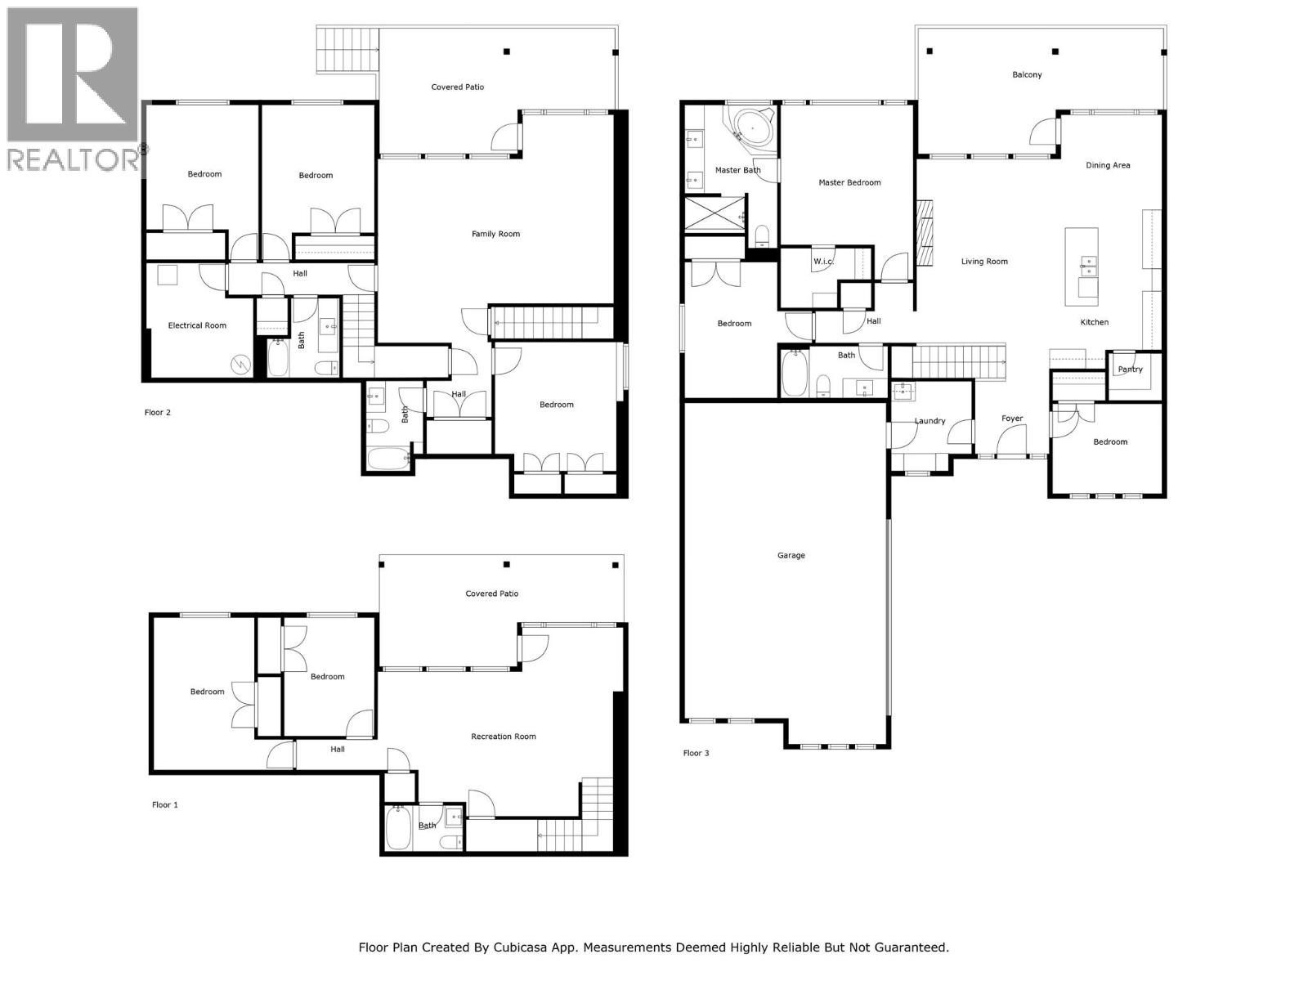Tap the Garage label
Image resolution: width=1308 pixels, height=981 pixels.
click(791, 556)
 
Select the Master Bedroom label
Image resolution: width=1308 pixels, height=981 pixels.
click(849, 183)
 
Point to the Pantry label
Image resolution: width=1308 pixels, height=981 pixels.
click(1130, 370)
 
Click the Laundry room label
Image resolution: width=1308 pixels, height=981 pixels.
click(929, 421)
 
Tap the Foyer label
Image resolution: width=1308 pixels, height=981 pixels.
click(1012, 419)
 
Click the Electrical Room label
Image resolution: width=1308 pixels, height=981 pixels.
click(197, 325)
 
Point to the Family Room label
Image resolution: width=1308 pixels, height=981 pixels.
click(495, 234)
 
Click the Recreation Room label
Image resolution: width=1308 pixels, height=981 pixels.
click(503, 737)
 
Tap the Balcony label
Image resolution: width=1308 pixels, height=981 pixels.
click(1027, 75)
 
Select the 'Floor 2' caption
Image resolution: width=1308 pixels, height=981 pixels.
click(158, 413)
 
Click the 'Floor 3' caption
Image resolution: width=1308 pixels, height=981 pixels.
click(696, 753)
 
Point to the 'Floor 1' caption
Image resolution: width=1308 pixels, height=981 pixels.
click(164, 805)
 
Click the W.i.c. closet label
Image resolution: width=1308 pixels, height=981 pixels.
click(822, 262)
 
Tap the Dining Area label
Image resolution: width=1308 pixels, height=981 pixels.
click(1108, 165)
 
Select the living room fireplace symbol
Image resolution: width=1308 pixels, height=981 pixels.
click(925, 234)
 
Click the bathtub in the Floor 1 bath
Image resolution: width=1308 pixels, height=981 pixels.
click(400, 829)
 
